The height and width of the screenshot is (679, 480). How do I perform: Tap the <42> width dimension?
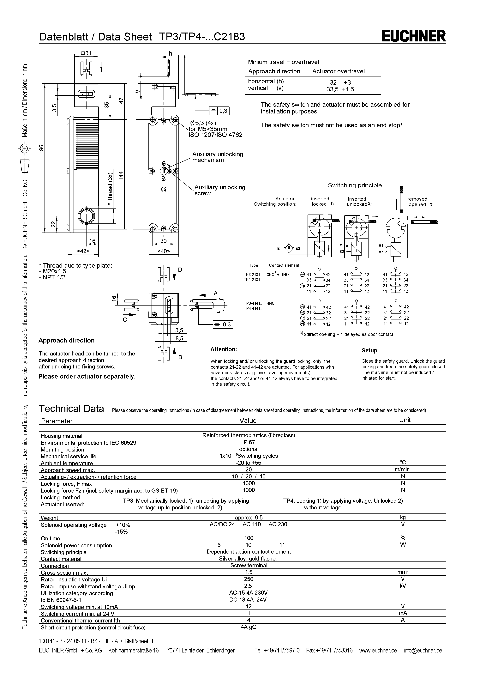click(x=83, y=251)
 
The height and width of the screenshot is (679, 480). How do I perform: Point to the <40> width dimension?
click(x=163, y=251)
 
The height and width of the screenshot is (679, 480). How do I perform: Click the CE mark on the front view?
click(x=163, y=190)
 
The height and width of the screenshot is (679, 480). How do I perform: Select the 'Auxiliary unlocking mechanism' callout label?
click(x=218, y=157)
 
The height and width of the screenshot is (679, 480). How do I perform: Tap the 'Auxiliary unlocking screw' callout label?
click(x=220, y=190)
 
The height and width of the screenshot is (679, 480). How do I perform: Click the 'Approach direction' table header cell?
click(x=274, y=72)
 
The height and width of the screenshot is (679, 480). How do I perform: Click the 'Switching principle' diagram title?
click(x=355, y=185)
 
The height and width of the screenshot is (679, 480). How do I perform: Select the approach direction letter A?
click(x=216, y=293)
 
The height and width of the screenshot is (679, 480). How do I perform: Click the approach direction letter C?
click(x=125, y=320)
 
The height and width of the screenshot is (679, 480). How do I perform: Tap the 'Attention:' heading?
click(x=223, y=349)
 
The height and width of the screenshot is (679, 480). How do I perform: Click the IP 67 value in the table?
click(x=249, y=442)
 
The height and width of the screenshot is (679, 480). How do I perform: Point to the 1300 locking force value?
click(x=249, y=483)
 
